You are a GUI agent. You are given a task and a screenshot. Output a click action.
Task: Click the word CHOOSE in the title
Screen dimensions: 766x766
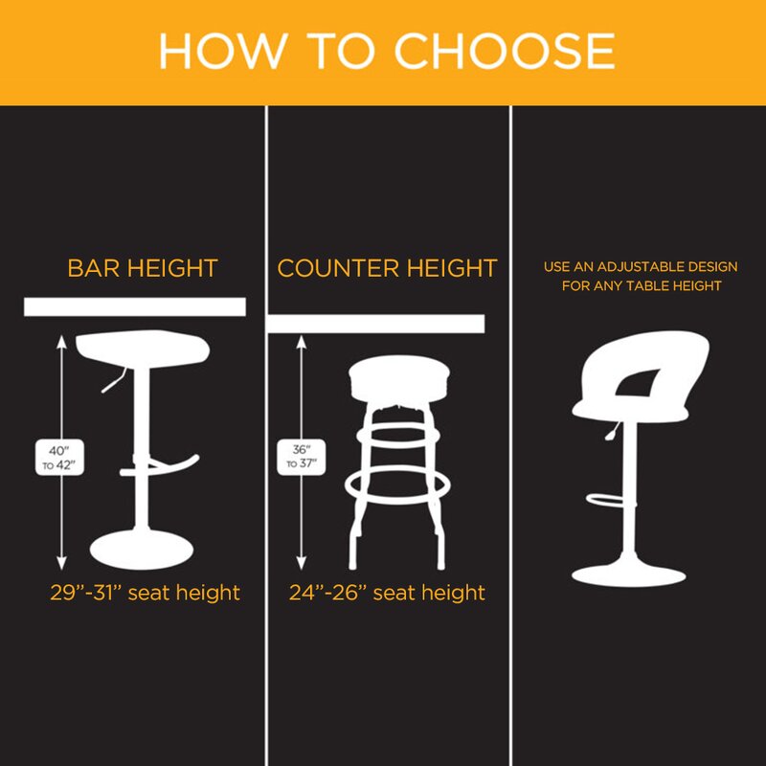point(505,51)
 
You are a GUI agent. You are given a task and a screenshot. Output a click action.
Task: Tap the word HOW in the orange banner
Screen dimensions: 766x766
point(222,51)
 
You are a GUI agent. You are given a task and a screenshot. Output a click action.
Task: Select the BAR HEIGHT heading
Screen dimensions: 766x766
point(143,268)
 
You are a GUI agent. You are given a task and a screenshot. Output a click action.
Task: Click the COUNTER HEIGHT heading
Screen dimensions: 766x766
point(388,268)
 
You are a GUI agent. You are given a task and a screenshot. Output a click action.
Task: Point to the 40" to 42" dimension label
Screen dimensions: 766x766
point(59,458)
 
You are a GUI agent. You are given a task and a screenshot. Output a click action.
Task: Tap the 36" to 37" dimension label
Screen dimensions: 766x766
point(302,457)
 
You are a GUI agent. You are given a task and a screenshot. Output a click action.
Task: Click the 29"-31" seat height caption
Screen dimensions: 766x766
point(146,593)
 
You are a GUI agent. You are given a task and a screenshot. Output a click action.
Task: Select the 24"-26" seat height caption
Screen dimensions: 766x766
point(387,593)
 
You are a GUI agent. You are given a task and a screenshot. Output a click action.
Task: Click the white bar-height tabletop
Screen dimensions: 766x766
point(135,306)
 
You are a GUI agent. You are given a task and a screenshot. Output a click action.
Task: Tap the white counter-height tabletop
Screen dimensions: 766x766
point(376,324)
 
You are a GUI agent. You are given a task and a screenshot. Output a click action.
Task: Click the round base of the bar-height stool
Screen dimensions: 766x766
point(142,550)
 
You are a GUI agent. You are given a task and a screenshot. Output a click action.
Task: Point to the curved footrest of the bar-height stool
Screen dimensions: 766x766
point(161,468)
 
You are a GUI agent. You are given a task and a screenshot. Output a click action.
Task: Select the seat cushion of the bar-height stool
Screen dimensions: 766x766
point(143,348)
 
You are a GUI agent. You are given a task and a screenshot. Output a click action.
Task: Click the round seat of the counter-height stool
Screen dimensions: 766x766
point(399,378)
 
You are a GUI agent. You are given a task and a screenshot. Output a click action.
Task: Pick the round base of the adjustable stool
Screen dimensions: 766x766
point(629,575)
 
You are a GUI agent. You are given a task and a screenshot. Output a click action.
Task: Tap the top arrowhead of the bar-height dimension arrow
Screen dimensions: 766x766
point(61,342)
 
